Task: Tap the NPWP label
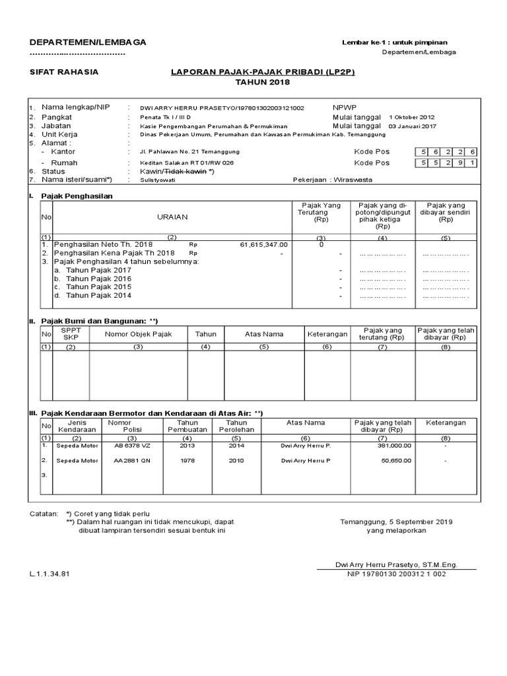343,106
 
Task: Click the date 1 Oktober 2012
413,116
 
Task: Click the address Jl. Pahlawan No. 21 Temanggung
182,152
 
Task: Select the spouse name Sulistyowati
158,179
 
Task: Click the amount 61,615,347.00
264,244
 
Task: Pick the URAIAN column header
172,217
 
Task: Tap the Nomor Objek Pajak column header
138,334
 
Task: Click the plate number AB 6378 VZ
132,446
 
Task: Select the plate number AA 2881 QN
132,461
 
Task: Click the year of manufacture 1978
187,461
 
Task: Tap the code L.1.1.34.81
50,574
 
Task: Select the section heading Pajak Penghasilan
77,196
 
